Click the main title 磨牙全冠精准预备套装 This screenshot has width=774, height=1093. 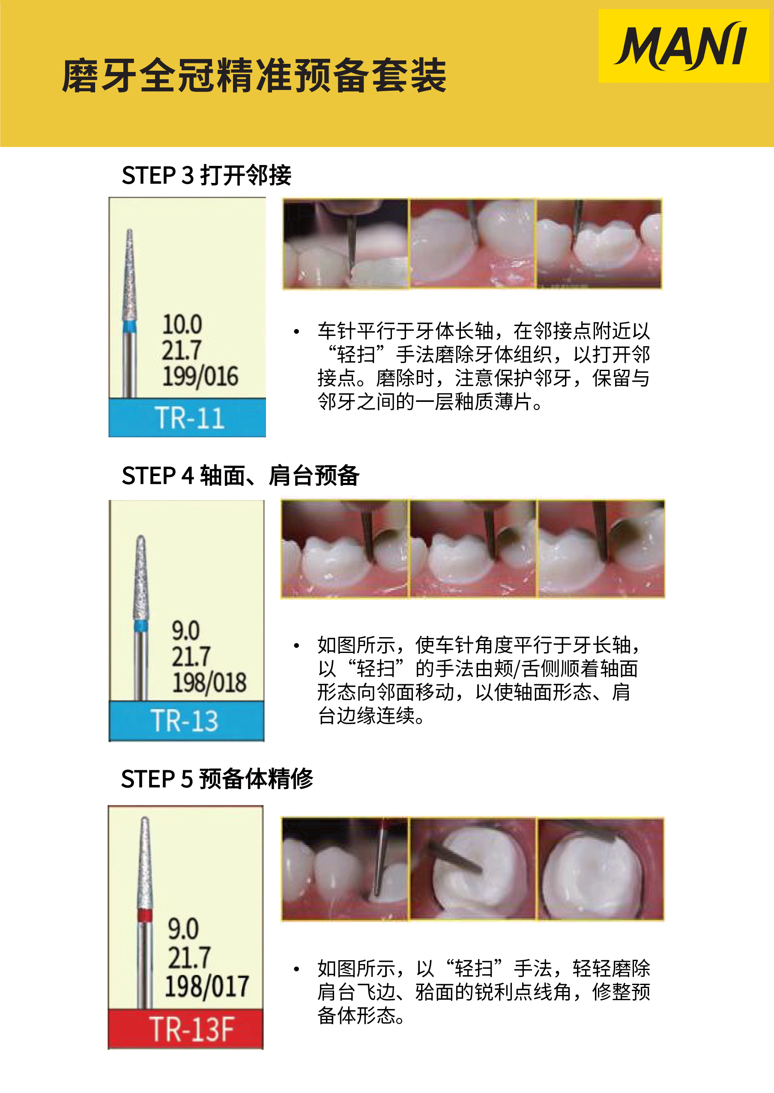pos(254,75)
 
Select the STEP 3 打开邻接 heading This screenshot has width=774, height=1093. pos(206,175)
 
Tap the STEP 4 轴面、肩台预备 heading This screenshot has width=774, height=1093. pos(240,475)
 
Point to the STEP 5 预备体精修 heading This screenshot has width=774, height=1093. pos(217,779)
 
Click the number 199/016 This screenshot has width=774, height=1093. pos(200,376)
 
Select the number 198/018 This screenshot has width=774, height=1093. pos(209,682)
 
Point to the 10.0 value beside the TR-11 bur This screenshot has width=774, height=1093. pos(182,324)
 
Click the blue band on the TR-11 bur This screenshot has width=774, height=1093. pos(130,326)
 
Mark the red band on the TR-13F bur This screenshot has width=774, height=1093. pos(145,915)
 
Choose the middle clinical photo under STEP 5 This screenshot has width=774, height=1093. pos(473,868)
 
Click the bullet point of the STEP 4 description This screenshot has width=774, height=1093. pos(296,646)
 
